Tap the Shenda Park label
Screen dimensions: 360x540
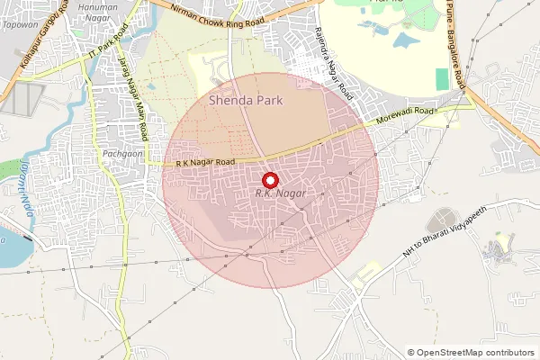coord(246,101)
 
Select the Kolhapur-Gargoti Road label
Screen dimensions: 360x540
coord(37,36)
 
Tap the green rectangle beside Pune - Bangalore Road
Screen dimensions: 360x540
coord(442,78)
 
